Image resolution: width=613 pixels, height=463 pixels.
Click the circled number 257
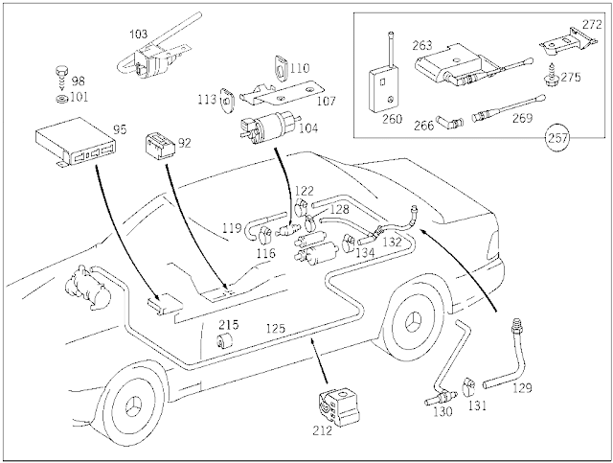point(558,137)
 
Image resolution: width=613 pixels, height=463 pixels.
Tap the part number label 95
point(120,129)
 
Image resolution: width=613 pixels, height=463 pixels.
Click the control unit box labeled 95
point(76,142)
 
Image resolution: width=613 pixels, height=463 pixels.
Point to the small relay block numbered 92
point(161,147)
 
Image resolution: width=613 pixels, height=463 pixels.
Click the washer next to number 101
point(62,99)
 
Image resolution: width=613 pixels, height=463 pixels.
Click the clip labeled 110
point(281,66)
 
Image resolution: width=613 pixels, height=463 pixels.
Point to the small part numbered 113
point(226,101)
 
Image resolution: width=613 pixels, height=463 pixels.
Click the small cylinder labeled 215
point(225,339)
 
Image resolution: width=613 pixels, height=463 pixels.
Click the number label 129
point(522,388)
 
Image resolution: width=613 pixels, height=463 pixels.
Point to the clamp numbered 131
point(468,387)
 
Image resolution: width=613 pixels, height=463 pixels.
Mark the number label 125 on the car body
point(276,328)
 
